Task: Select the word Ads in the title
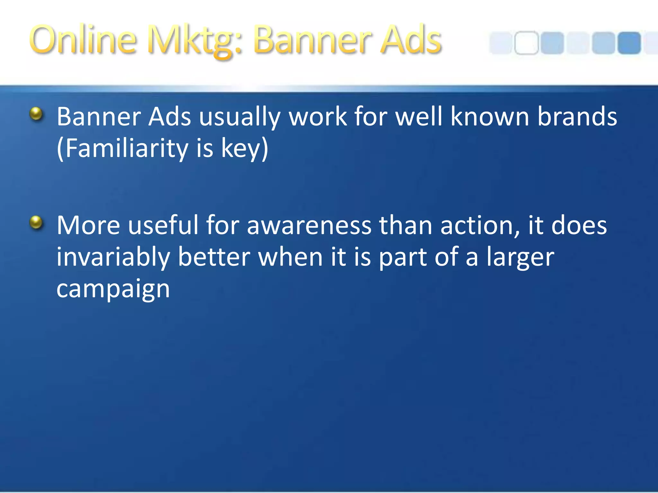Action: point(411,40)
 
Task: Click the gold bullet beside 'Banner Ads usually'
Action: point(36,114)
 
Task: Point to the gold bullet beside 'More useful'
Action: point(36,222)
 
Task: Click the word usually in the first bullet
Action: point(240,117)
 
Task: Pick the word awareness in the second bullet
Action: point(309,225)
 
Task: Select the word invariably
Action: point(113,257)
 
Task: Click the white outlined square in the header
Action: point(526,43)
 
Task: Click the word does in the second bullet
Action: point(579,225)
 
